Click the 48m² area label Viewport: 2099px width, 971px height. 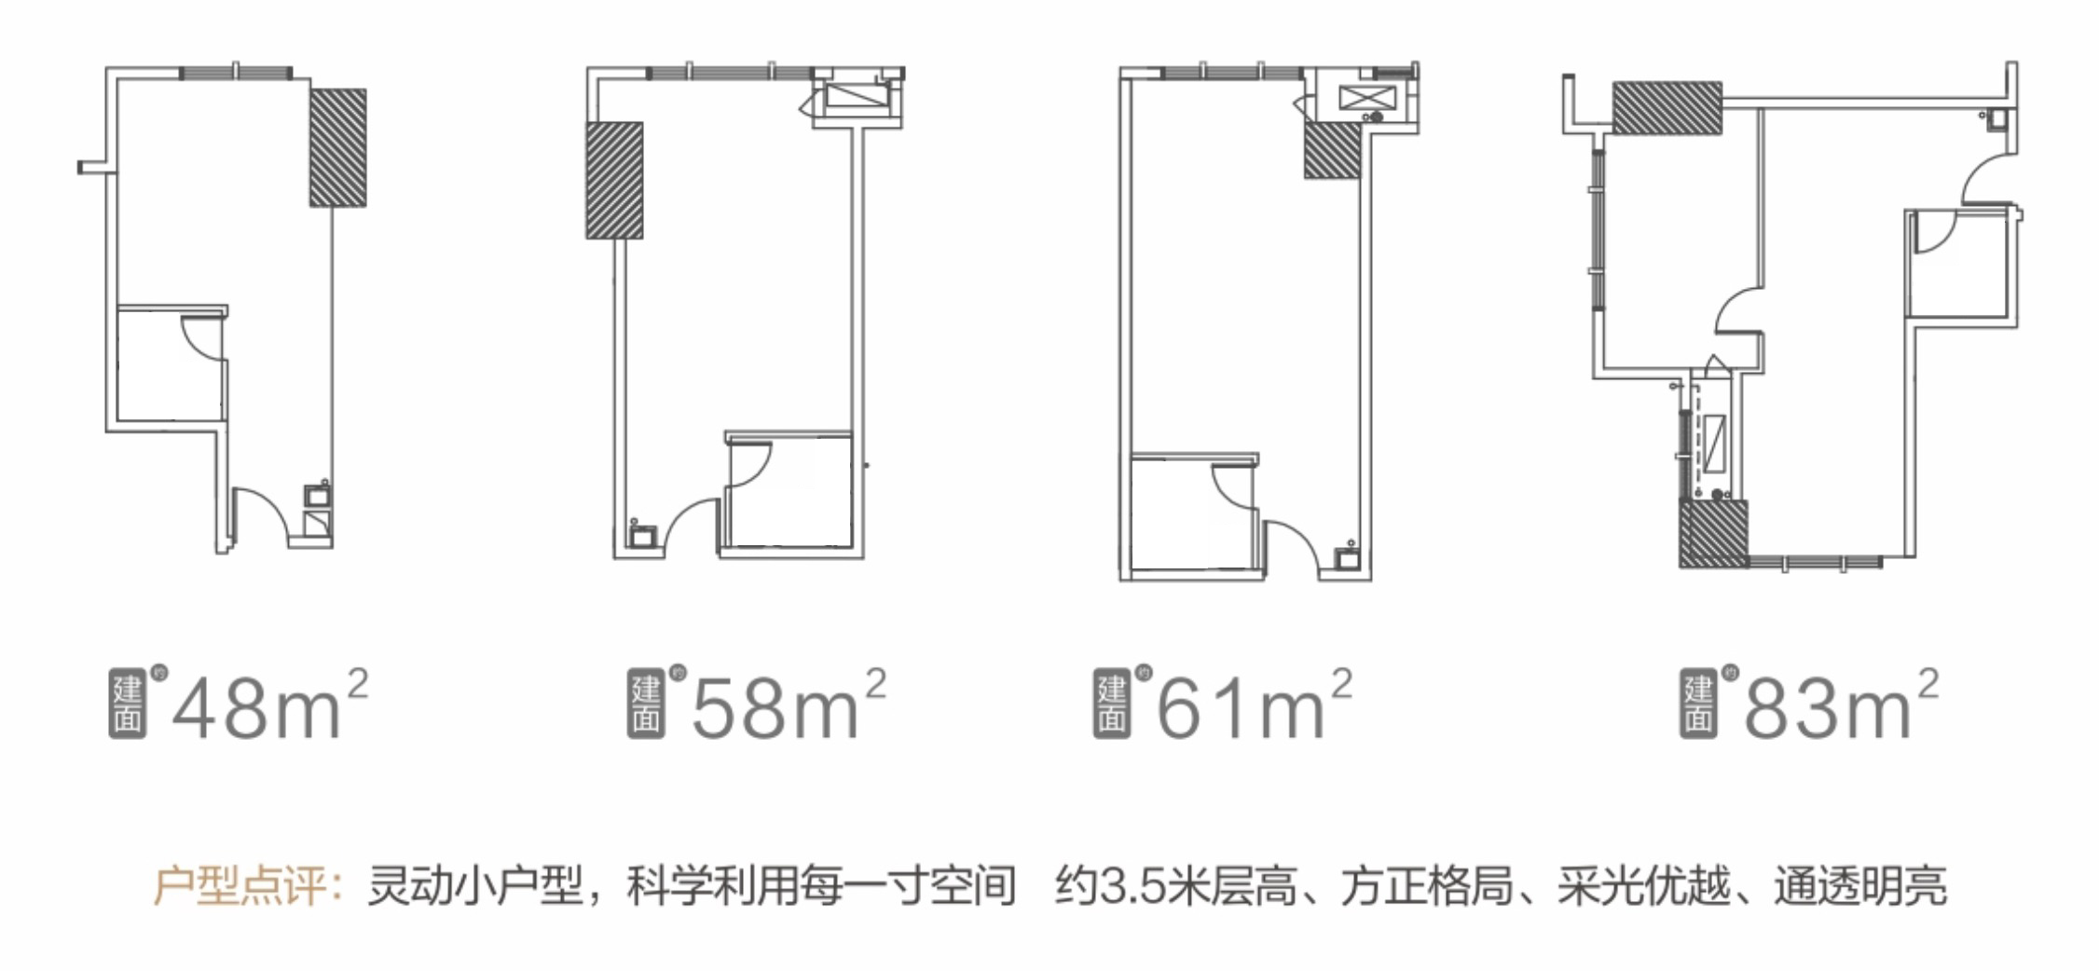pos(270,705)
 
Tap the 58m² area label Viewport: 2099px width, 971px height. pos(789,705)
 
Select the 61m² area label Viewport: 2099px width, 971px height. pos(1255,705)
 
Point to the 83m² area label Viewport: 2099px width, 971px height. pos(1841,705)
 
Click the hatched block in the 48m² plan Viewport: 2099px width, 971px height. pos(338,147)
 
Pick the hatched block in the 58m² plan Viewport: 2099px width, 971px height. pos(614,180)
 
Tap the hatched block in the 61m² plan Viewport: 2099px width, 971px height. pos(1332,150)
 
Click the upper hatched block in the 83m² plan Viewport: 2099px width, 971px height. pos(1667,107)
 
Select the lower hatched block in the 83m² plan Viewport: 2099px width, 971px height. pos(1713,534)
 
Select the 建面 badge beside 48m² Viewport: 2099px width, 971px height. pos(128,705)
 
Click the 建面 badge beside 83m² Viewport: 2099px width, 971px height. pos(1698,705)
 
